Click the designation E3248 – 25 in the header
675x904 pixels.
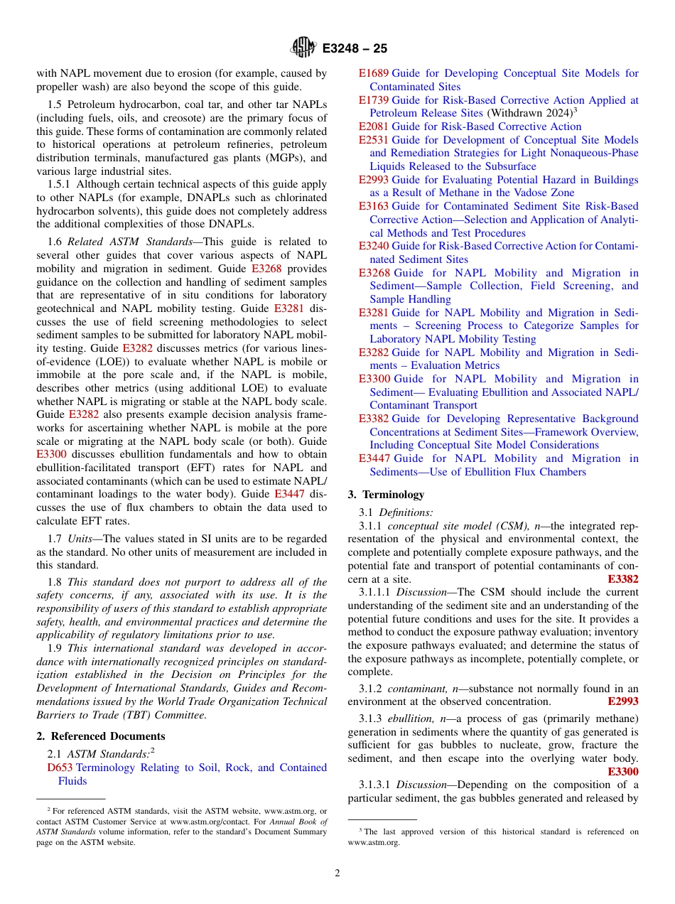coord(355,49)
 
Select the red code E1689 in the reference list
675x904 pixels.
coord(374,73)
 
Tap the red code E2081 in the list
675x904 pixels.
coord(374,127)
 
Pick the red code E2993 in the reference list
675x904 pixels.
coord(374,180)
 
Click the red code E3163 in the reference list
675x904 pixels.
coord(374,207)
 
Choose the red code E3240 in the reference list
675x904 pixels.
coord(374,247)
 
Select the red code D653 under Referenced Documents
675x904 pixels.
coord(60,768)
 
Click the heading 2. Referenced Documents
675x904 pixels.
coord(101,736)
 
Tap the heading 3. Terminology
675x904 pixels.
coord(386,495)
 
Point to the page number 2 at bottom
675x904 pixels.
coord(337,873)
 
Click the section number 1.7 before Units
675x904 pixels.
coord(55,539)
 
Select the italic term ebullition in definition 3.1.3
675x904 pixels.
coord(408,719)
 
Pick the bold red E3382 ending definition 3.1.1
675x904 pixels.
coord(623,579)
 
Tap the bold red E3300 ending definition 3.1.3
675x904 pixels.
coord(623,772)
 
